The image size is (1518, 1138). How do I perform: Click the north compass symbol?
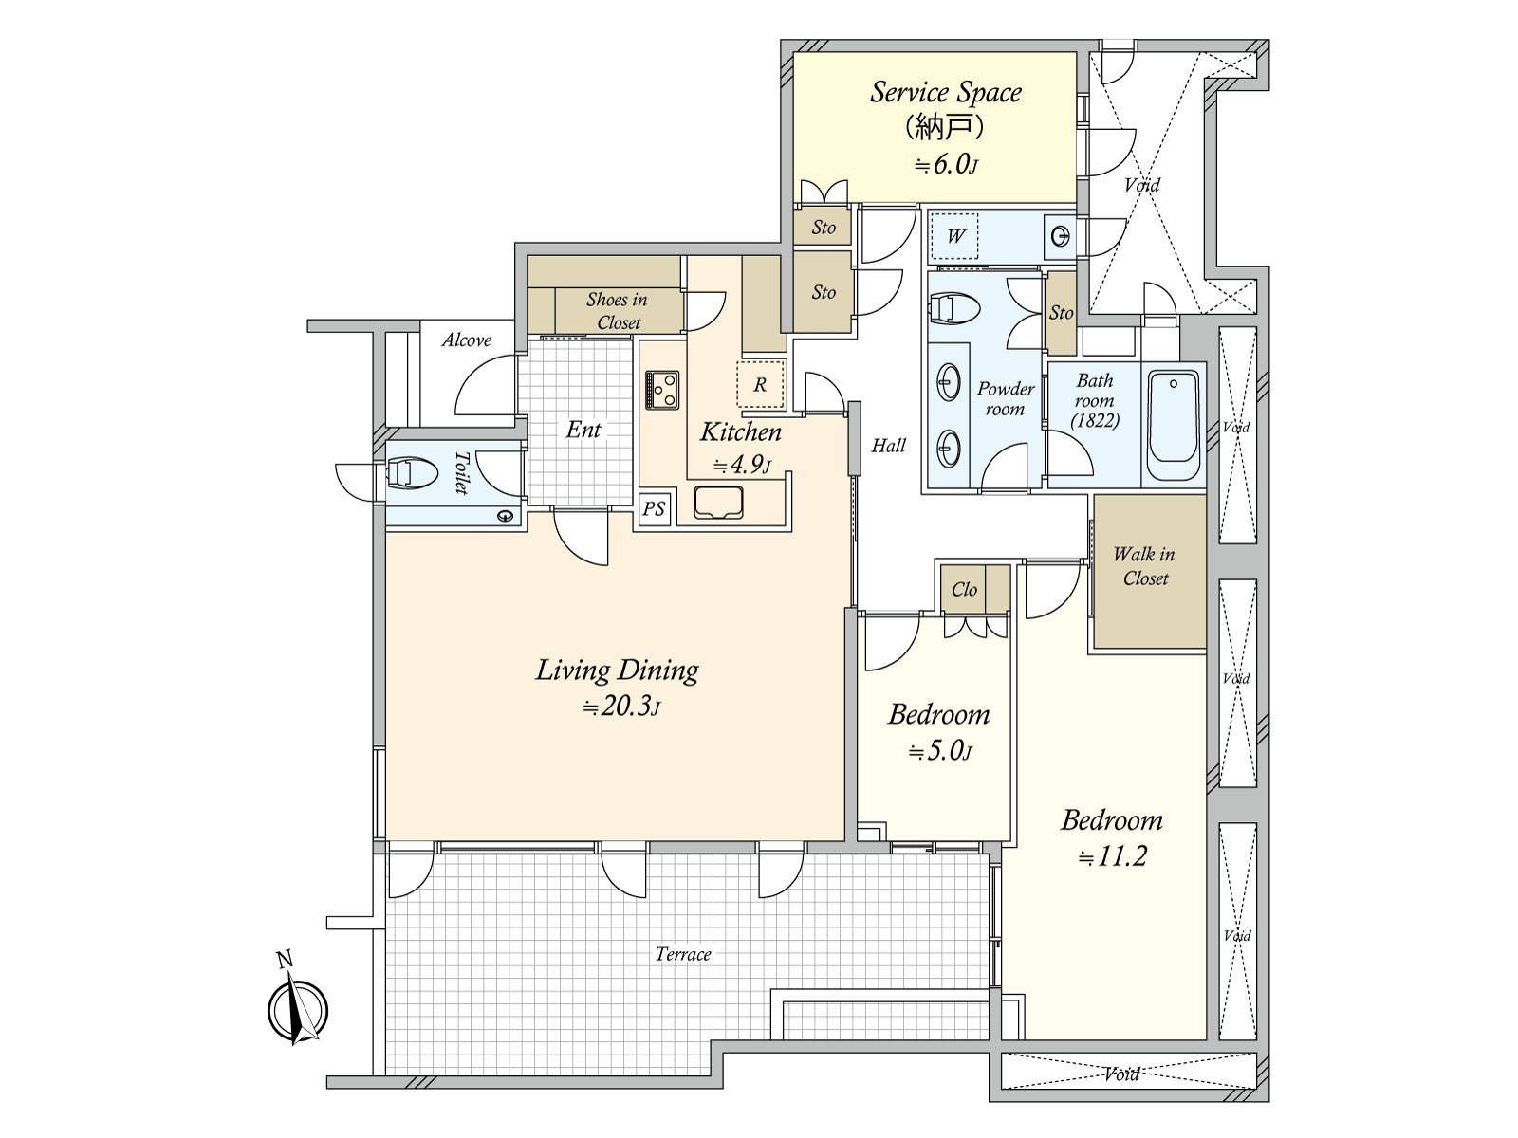[x=297, y=1009]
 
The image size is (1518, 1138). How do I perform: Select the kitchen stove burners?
[x=662, y=390]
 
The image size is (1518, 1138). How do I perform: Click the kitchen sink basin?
[x=718, y=502]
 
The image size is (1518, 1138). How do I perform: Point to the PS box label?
[x=653, y=509]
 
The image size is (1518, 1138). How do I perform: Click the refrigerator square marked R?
[x=761, y=384]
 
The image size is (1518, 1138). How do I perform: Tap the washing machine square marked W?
[x=954, y=236]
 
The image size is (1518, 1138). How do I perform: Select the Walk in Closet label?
[x=1144, y=566]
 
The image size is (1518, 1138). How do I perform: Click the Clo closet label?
[x=964, y=589]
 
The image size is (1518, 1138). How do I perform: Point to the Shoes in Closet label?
[x=618, y=311]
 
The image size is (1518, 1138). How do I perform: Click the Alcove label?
[x=467, y=340]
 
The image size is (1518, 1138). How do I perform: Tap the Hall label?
[x=888, y=446]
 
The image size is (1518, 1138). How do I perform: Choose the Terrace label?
[x=683, y=954]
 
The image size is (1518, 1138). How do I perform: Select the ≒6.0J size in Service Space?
[x=946, y=165]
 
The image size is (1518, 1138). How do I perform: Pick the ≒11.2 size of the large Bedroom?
[x=1113, y=856]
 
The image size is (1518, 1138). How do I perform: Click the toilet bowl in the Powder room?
[x=955, y=308]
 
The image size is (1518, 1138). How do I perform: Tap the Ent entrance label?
[x=583, y=430]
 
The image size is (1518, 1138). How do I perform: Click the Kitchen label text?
[x=741, y=431]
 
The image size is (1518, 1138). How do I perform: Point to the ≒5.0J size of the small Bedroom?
[x=940, y=750]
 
